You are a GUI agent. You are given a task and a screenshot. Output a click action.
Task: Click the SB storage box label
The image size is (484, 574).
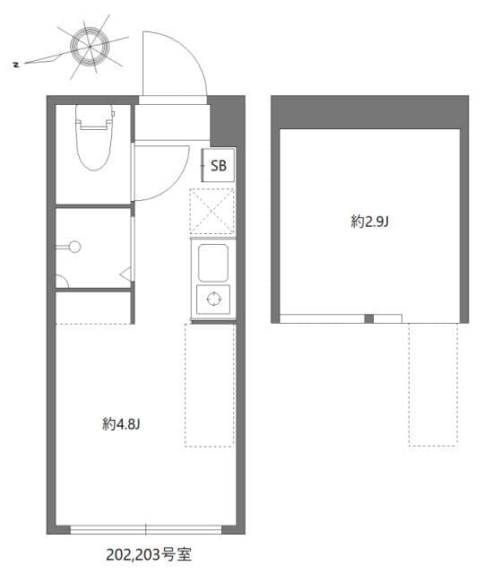click(x=219, y=165)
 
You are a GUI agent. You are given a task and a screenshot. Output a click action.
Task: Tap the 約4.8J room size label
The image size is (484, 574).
click(x=121, y=424)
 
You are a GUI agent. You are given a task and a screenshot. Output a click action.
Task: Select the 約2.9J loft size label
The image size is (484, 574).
click(x=369, y=222)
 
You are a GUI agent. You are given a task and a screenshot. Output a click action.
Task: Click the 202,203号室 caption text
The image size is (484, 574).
click(x=149, y=555)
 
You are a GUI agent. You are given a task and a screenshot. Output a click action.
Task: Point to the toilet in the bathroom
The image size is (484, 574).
click(x=94, y=137)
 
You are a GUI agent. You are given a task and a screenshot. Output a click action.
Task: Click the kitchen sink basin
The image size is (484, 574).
click(x=213, y=263)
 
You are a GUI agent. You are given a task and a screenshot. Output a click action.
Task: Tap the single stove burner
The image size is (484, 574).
click(x=213, y=299)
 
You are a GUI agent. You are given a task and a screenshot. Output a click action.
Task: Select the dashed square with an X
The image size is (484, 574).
click(x=212, y=212)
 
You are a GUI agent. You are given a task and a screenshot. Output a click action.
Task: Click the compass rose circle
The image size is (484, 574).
click(x=90, y=47)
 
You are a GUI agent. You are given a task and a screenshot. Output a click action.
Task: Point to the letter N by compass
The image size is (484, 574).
click(x=16, y=65)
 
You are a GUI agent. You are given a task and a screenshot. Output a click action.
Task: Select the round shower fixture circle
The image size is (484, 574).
click(x=75, y=247)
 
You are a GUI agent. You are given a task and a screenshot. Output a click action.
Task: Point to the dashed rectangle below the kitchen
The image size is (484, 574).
click(x=210, y=386)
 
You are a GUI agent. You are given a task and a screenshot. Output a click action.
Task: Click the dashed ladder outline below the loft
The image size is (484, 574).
click(x=433, y=385)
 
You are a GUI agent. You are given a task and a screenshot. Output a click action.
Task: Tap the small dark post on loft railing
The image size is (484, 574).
click(x=368, y=319)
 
